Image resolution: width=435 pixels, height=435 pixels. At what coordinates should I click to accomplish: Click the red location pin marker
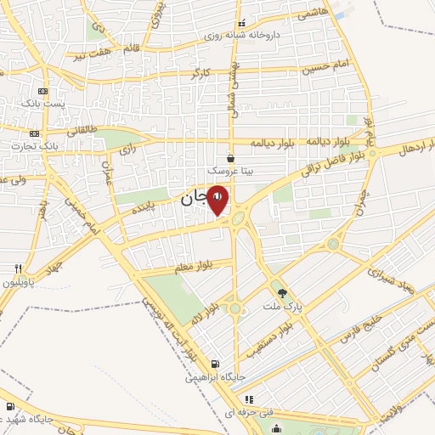click(218, 200)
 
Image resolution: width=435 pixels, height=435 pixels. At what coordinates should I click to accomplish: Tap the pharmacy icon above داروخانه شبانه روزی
click(241, 23)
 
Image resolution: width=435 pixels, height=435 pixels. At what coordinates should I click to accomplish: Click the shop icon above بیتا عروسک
click(231, 157)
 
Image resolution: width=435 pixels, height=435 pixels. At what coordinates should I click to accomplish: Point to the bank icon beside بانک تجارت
click(34, 133)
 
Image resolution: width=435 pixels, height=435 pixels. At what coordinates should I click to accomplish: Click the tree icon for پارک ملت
click(295, 293)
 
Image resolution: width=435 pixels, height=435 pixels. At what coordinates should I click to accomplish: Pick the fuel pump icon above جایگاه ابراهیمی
click(215, 362)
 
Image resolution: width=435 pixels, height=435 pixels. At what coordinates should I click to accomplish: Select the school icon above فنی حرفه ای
click(248, 398)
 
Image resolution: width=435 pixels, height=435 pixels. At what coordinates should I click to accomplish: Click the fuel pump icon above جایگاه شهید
click(9, 406)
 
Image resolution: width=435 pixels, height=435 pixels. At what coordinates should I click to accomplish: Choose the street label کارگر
click(201, 74)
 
